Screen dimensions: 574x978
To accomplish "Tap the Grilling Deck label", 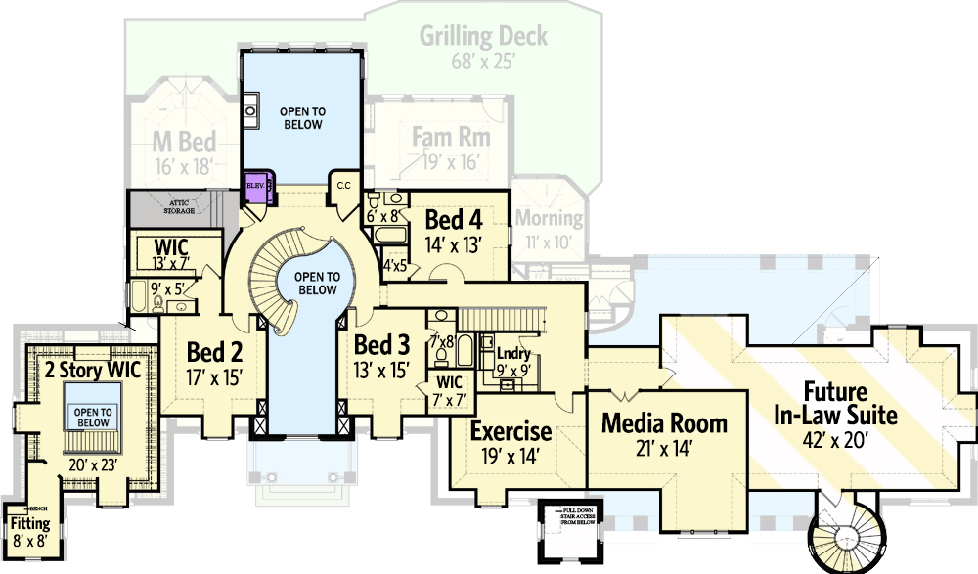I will (483, 37).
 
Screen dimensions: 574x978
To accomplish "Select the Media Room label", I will (664, 423).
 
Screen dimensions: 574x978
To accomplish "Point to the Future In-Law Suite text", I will (835, 404).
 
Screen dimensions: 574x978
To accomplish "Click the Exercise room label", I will (511, 431).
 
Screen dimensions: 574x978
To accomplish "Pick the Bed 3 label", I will (380, 345).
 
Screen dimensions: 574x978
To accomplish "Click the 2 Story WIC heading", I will (93, 371).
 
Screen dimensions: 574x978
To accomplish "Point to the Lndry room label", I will (512, 354).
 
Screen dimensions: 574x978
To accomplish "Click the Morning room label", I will (549, 218).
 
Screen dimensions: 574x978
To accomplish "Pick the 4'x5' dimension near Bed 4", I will (394, 265).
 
